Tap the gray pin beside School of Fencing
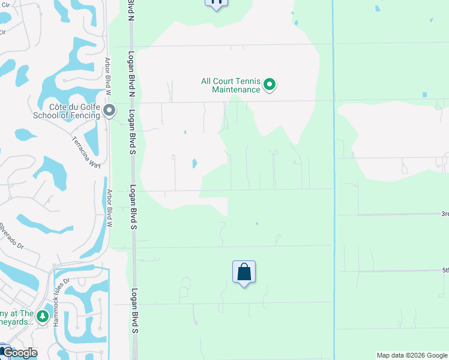(109, 111)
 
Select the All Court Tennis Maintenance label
(231, 85)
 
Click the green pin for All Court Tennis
(270, 85)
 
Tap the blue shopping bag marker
(244, 272)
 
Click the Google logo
(19, 353)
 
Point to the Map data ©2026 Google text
(411, 355)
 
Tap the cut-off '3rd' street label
(445, 214)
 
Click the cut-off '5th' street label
(445, 270)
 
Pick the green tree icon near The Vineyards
(42, 316)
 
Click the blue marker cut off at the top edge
(216, 4)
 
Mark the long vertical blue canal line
(333, 180)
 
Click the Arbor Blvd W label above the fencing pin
(109, 77)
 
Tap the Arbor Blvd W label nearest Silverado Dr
(109, 208)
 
